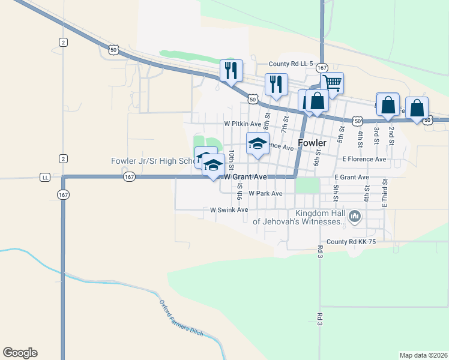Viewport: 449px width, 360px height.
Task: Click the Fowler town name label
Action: pyautogui.click(x=312, y=143)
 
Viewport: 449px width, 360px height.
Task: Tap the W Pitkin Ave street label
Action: pyautogui.click(x=243, y=124)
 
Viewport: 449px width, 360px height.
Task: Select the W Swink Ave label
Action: pyautogui.click(x=229, y=210)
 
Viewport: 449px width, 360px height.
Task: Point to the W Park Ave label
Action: pyautogui.click(x=265, y=194)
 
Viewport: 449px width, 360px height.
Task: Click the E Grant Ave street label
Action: pyautogui.click(x=352, y=178)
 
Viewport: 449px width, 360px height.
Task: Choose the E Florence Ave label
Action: pyautogui.click(x=364, y=159)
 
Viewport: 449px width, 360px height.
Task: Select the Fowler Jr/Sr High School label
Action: pyautogui.click(x=153, y=161)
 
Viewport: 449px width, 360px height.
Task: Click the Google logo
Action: pyautogui.click(x=20, y=353)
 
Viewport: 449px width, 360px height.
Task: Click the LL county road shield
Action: pyautogui.click(x=45, y=177)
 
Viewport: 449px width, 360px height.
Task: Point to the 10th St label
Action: pyautogui.click(x=231, y=161)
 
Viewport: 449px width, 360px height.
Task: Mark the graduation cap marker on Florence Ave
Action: pyautogui.click(x=258, y=144)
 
